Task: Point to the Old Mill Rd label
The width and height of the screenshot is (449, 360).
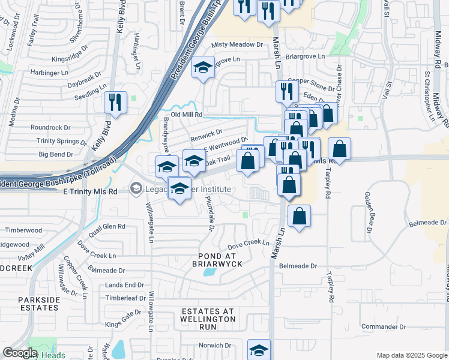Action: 187,114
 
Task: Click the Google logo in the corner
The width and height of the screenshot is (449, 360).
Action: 20,353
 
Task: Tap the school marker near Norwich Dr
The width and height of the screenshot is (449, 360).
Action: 259,350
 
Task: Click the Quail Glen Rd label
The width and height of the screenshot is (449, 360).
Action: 106,227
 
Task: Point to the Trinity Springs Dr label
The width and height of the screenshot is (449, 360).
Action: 62,141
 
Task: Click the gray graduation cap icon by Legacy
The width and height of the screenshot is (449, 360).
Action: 136,190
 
